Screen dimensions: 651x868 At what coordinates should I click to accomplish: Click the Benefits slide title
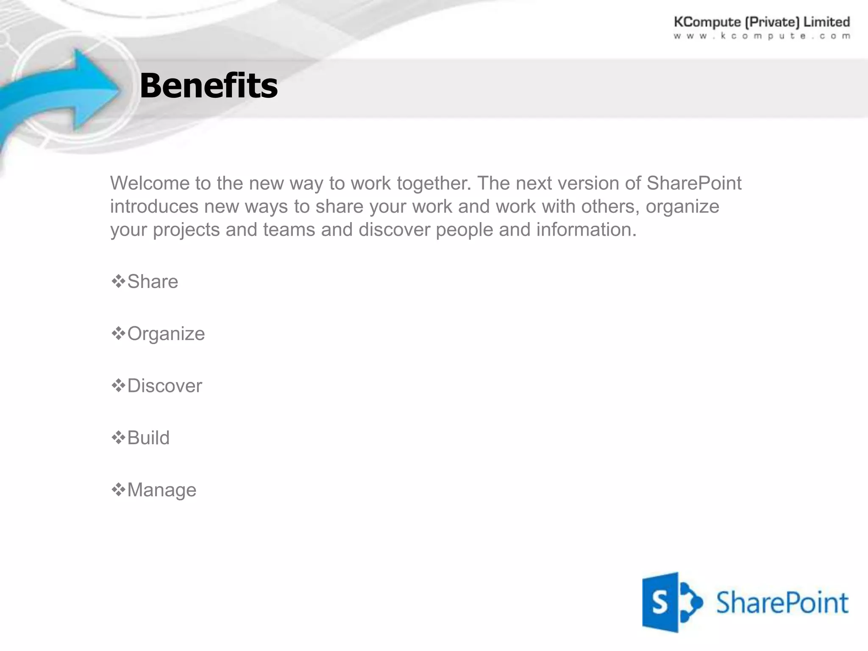coord(209,86)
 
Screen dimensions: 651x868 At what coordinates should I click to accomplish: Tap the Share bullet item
coord(153,282)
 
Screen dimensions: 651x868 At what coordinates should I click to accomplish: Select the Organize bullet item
coord(166,334)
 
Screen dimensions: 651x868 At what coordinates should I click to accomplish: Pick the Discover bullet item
coord(164,386)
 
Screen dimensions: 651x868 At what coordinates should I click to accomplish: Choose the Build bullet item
coord(148,438)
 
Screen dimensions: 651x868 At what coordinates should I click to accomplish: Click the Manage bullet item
coord(161,490)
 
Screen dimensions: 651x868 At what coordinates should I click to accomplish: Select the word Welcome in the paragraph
coord(150,184)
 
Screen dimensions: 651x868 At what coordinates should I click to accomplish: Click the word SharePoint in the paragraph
coord(694,184)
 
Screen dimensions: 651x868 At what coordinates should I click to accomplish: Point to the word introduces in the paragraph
coord(154,207)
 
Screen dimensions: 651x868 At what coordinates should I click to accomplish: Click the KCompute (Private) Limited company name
coord(762,22)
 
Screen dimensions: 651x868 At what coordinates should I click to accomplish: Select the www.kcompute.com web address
coord(762,36)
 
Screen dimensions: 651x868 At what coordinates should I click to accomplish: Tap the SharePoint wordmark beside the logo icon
coord(782,603)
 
